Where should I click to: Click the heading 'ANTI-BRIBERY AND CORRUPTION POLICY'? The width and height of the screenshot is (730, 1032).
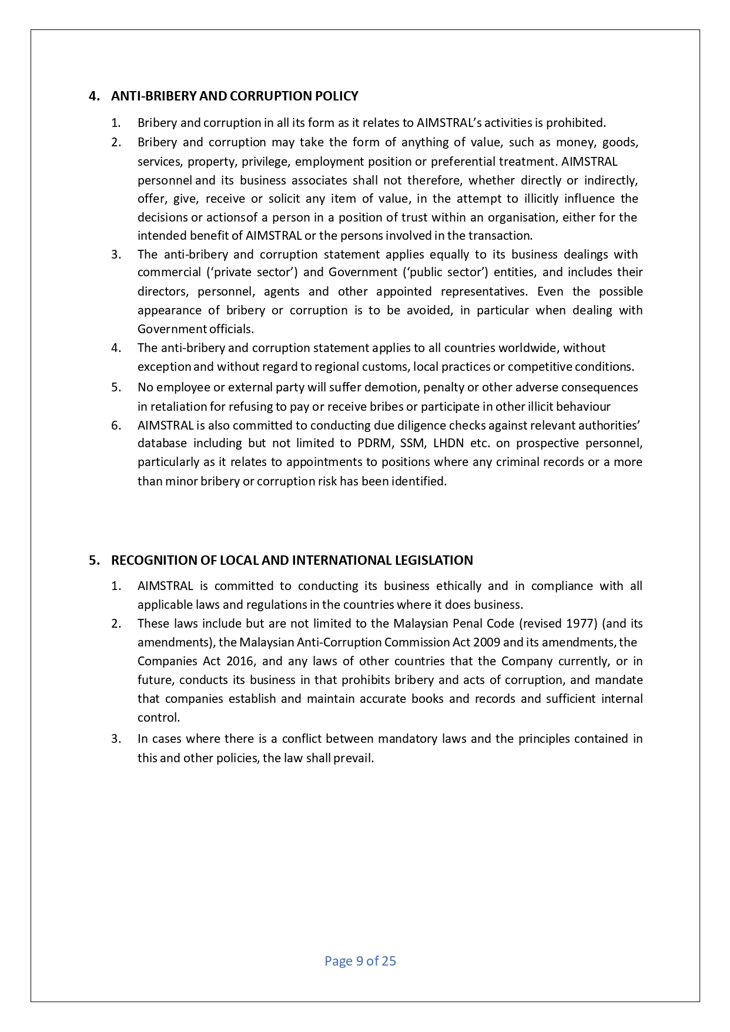pos(235,96)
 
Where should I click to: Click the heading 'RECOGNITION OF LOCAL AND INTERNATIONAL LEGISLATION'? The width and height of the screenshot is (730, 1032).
pos(292,560)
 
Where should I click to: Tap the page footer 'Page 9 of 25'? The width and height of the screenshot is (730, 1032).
pos(360,961)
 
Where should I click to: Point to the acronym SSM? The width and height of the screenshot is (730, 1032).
pos(412,443)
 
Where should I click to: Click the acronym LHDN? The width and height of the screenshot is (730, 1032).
pos(448,443)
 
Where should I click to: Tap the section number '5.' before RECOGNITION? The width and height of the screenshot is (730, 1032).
pos(95,560)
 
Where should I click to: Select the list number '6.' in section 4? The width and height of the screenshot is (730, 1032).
pos(116,425)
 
